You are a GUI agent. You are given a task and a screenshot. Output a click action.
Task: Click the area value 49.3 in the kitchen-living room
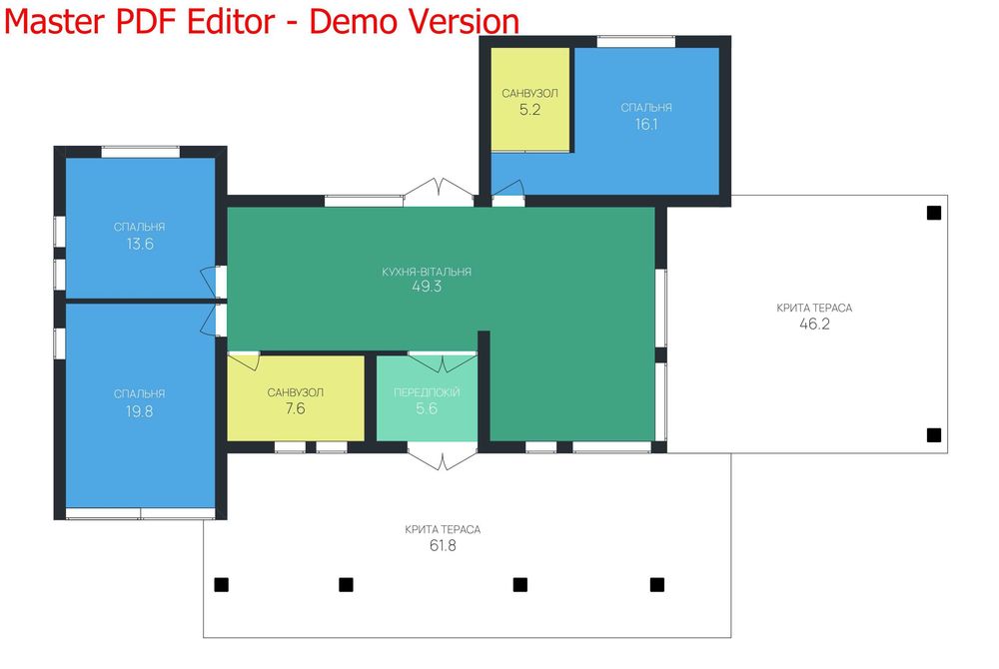[427, 287]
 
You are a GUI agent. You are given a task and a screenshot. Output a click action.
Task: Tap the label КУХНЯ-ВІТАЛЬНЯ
[427, 272]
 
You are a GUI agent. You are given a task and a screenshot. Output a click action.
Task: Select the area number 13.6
[140, 244]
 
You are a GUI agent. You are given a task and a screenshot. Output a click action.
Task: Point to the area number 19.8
[139, 411]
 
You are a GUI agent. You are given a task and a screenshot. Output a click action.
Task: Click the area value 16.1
[646, 124]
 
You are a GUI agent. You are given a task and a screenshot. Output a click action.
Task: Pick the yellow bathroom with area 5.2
[530, 99]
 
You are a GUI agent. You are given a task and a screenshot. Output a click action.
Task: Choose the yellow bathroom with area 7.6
[296, 397]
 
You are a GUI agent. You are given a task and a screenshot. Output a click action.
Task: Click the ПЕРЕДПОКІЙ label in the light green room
[427, 392]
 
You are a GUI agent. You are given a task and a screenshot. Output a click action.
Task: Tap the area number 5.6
[427, 408]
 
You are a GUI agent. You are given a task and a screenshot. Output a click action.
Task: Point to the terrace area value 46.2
[814, 324]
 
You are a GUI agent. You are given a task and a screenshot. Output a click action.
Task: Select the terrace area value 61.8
[443, 545]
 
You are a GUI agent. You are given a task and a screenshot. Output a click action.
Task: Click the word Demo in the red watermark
[353, 21]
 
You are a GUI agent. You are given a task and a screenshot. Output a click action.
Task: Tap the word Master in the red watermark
[54, 21]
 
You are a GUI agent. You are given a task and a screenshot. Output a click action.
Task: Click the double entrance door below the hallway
[443, 456]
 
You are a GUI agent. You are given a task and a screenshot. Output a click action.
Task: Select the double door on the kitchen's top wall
[439, 192]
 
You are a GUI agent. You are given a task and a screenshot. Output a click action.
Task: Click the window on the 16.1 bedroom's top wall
[635, 42]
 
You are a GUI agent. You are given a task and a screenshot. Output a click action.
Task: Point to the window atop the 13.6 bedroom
[140, 152]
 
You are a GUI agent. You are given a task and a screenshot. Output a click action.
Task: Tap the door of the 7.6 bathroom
[244, 360]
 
